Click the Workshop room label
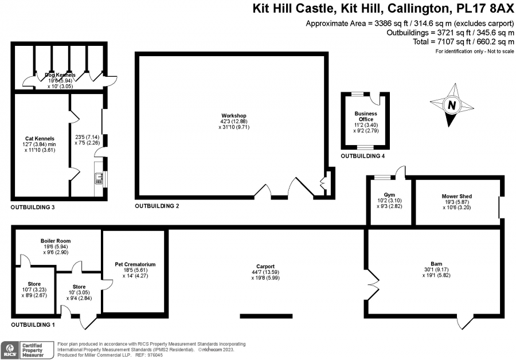[x=234, y=115]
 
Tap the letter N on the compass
[x=452, y=105]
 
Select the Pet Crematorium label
[x=135, y=264]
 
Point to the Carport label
[x=265, y=267]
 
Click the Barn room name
[x=436, y=264]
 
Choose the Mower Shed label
[x=457, y=196]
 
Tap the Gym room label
[x=389, y=195]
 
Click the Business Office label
[x=366, y=116]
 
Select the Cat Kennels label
[x=40, y=139]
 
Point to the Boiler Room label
[x=56, y=241]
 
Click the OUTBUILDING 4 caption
[x=363, y=156]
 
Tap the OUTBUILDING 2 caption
[x=157, y=206]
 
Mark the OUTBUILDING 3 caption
[x=33, y=208]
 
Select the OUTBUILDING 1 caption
[x=33, y=325]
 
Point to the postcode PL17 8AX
[x=485, y=8]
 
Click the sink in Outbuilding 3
[x=99, y=178]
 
